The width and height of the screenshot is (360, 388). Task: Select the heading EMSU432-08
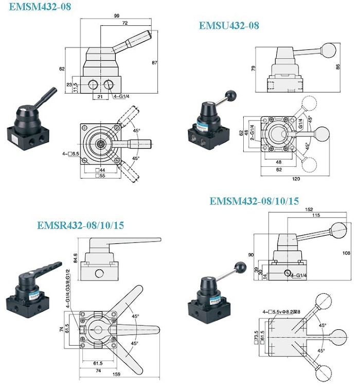tap(229, 25)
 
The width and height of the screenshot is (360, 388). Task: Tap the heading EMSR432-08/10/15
tap(81, 225)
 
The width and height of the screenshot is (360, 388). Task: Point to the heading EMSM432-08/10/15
tap(254, 201)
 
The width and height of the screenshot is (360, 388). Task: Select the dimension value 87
tap(169, 62)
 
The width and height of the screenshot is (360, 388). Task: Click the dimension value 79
tap(254, 68)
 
